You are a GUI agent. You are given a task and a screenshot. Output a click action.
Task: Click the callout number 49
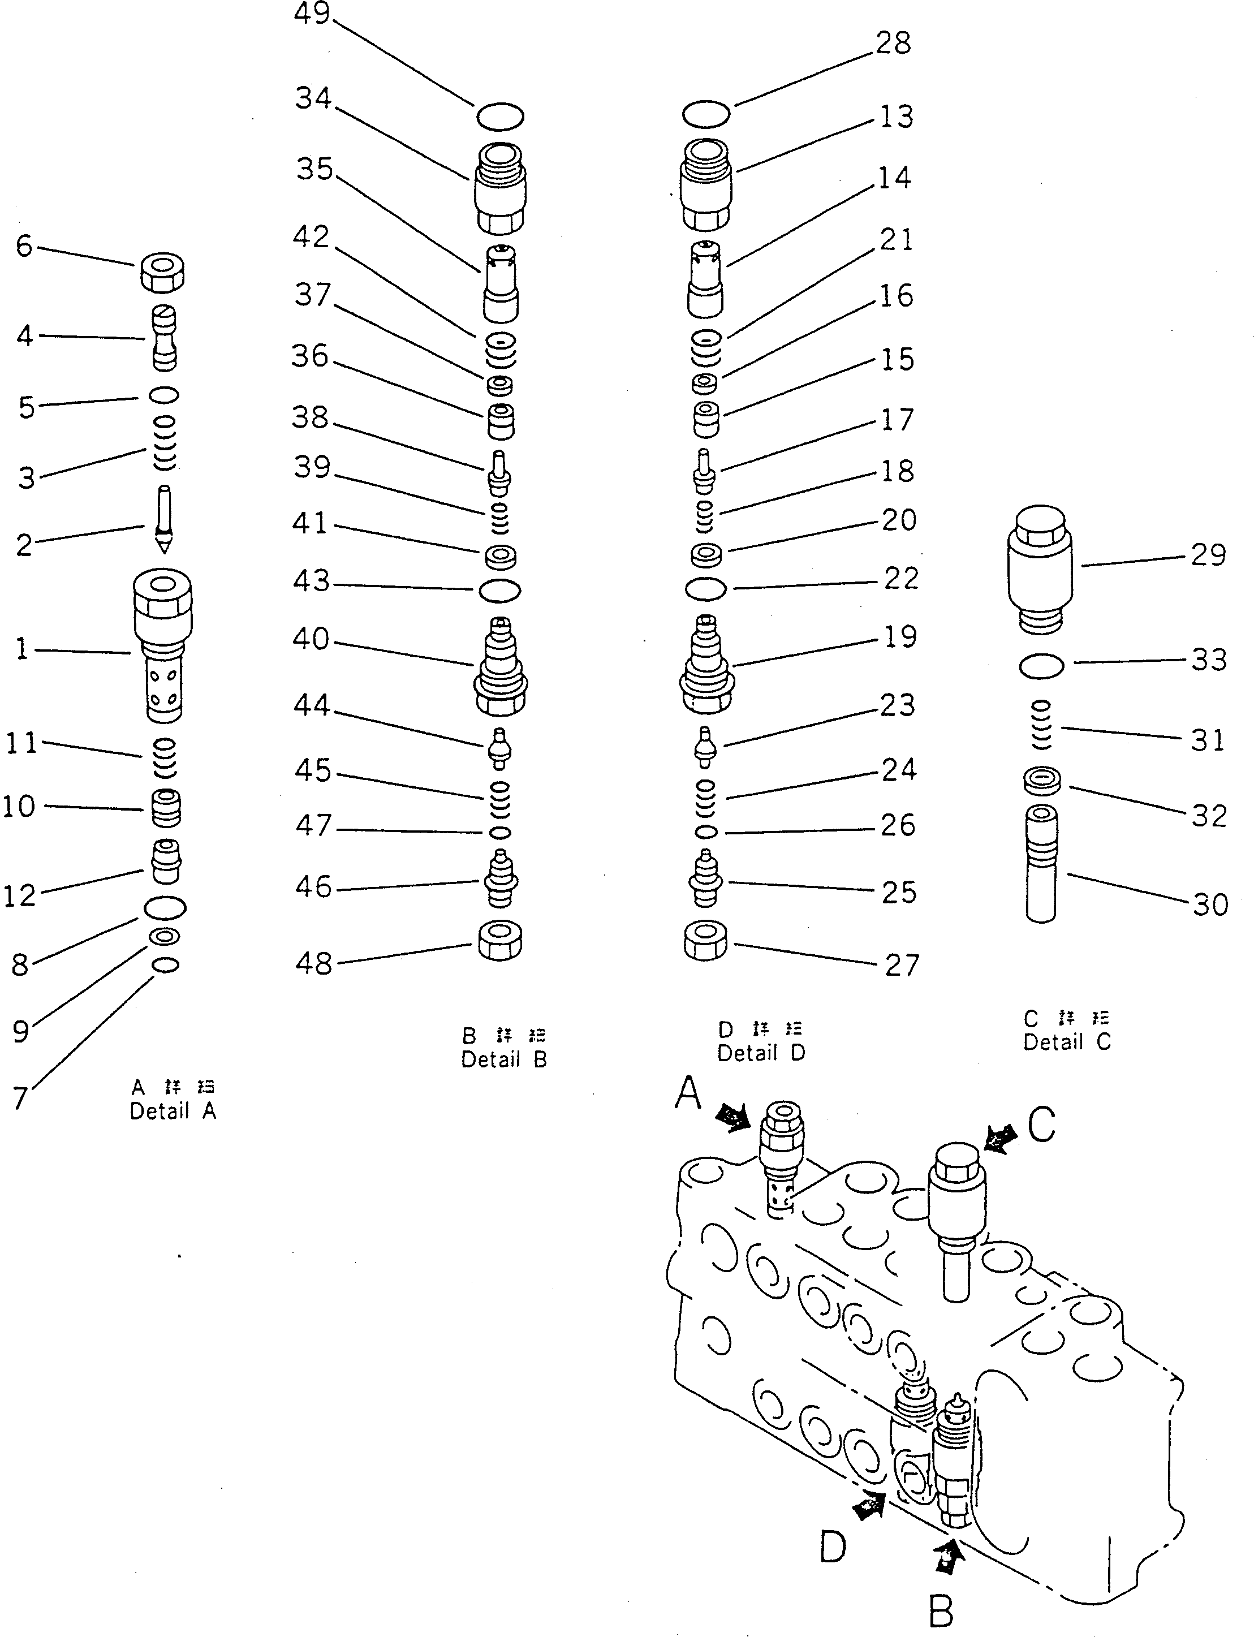312,14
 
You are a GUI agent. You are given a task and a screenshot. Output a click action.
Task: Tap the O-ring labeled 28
705,114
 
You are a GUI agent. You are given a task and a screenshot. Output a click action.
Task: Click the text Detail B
504,1058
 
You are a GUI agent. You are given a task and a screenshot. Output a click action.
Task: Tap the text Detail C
1067,1041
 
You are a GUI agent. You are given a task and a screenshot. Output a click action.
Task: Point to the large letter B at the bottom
941,1611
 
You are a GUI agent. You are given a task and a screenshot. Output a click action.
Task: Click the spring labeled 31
1041,725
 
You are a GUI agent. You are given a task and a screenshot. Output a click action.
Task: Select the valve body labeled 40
501,666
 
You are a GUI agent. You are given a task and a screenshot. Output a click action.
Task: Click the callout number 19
899,637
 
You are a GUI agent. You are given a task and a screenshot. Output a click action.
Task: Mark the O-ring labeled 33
1041,666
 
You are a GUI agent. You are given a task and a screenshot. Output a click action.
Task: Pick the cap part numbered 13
705,184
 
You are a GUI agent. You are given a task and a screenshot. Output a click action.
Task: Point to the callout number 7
20,1097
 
